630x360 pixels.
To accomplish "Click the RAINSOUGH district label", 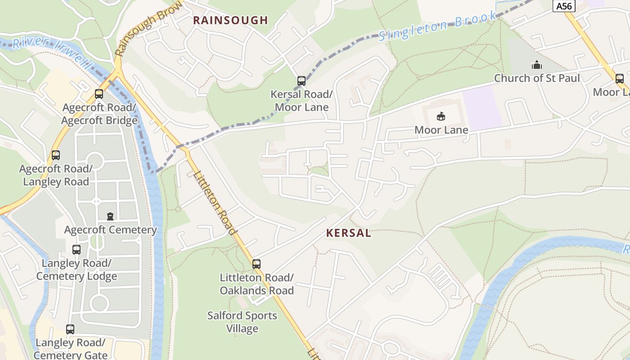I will [x=230, y=20].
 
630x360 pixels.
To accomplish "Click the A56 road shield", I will [x=564, y=6].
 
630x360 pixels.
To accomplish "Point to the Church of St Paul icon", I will [x=536, y=65].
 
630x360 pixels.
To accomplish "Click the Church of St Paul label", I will [x=537, y=78].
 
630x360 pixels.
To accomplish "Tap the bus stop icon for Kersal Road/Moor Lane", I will [x=301, y=81].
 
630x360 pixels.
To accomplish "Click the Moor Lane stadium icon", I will [x=441, y=117].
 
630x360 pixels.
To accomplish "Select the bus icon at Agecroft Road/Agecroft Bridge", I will [x=99, y=94].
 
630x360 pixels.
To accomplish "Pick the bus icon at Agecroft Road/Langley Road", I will [x=56, y=155].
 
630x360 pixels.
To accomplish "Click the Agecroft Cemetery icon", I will [x=110, y=216].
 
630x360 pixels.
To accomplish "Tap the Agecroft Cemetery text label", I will [x=110, y=230].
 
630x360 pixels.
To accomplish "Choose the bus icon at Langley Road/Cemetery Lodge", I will [x=76, y=249].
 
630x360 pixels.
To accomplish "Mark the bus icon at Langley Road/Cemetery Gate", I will [x=70, y=329].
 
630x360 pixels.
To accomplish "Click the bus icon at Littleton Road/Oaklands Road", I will [x=256, y=264].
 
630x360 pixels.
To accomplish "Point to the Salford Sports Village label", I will [x=242, y=322].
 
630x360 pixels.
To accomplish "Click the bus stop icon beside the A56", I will [x=620, y=79].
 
